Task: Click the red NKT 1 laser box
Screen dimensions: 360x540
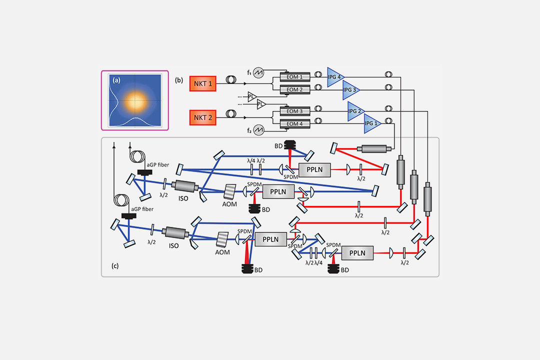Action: coord(202,84)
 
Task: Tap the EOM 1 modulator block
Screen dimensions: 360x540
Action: coord(294,77)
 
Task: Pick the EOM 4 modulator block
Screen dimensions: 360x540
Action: coord(294,123)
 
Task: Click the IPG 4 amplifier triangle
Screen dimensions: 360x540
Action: coord(335,77)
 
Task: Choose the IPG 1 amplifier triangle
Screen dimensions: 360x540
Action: coord(371,123)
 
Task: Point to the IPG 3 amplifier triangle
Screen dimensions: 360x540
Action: coord(350,90)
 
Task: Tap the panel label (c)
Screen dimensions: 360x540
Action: coord(115,266)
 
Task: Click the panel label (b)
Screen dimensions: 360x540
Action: coord(178,79)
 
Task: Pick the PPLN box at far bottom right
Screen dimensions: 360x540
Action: coord(357,253)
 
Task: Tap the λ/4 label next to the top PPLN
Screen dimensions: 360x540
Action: coord(251,161)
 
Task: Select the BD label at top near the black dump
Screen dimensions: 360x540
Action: coord(278,145)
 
